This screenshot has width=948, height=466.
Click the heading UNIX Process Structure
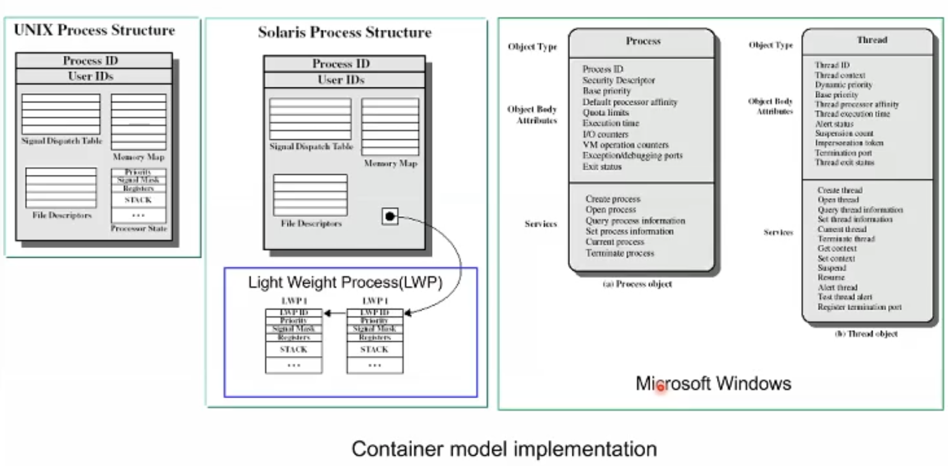pyautogui.click(x=94, y=30)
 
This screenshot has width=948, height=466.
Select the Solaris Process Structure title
pyautogui.click(x=344, y=32)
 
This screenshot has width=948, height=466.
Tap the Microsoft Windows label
pyautogui.click(x=713, y=383)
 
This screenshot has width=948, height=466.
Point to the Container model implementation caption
pyautogui.click(x=504, y=449)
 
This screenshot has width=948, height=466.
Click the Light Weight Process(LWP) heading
pyautogui.click(x=345, y=282)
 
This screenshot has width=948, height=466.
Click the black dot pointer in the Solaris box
pyautogui.click(x=390, y=217)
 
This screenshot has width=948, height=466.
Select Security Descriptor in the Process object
pyautogui.click(x=618, y=80)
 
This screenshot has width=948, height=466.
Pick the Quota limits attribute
pyautogui.click(x=605, y=113)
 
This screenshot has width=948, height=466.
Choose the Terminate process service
pyautogui.click(x=620, y=253)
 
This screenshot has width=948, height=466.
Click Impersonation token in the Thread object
pyautogui.click(x=848, y=143)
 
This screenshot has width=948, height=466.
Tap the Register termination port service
pyautogui.click(x=859, y=307)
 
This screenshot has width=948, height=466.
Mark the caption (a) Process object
pyautogui.click(x=637, y=284)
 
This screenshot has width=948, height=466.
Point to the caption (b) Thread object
pyautogui.click(x=866, y=334)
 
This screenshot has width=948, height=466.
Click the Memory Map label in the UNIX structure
pyautogui.click(x=138, y=157)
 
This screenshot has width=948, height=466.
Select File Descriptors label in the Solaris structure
pyautogui.click(x=311, y=223)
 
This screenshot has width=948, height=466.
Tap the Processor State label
pyautogui.click(x=139, y=228)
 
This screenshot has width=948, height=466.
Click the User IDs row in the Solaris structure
pyautogui.click(x=341, y=80)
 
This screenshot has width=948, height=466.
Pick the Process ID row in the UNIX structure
pyautogui.click(x=90, y=60)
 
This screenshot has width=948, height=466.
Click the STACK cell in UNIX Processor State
pyautogui.click(x=138, y=200)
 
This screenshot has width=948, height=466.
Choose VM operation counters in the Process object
pyautogui.click(x=625, y=145)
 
